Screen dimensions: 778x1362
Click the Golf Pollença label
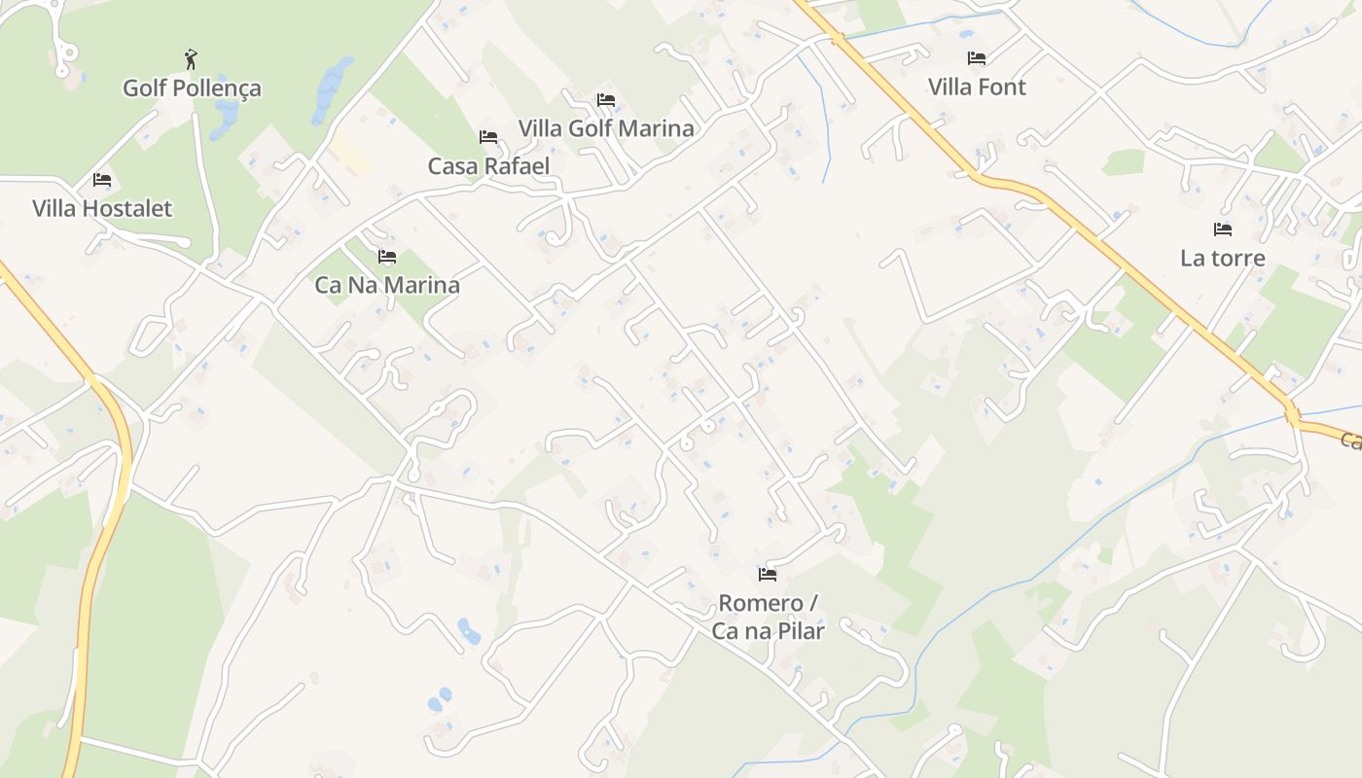coord(192,88)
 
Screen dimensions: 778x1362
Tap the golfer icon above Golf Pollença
coord(191,60)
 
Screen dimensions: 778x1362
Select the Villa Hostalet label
coord(102,208)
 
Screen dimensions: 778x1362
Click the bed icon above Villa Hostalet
coord(102,180)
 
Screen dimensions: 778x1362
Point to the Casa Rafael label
coord(488,166)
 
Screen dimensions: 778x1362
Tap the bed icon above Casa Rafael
coord(488,137)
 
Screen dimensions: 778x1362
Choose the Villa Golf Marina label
coord(606,128)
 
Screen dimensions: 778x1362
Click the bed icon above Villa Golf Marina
coord(606,100)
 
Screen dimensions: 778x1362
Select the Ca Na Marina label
coord(387,285)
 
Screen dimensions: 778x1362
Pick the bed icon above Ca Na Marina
coord(387,257)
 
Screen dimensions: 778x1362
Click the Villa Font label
coord(977,88)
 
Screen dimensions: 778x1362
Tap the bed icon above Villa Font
coord(977,58)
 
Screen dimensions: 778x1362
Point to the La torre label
coord(1223,258)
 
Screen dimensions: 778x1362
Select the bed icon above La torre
coord(1223,230)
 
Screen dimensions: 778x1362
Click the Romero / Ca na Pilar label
coord(768,617)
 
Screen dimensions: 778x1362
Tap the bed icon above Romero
coord(768,575)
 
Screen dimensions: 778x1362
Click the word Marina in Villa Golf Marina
coord(660,128)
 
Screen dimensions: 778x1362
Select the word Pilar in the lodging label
coord(798,631)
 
